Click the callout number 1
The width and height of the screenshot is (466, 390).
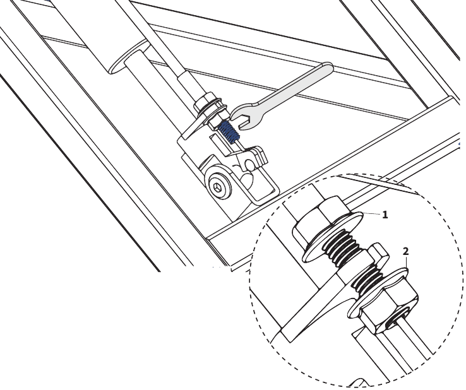tap(385, 215)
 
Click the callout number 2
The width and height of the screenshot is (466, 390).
tap(405, 252)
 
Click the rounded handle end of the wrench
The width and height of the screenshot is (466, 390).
tap(326, 69)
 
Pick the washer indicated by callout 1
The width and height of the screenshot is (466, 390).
tap(333, 238)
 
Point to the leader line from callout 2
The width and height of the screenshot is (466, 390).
tap(407, 263)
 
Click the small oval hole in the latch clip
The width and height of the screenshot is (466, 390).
tap(249, 163)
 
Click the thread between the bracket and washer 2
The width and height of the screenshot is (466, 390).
tap(367, 277)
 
